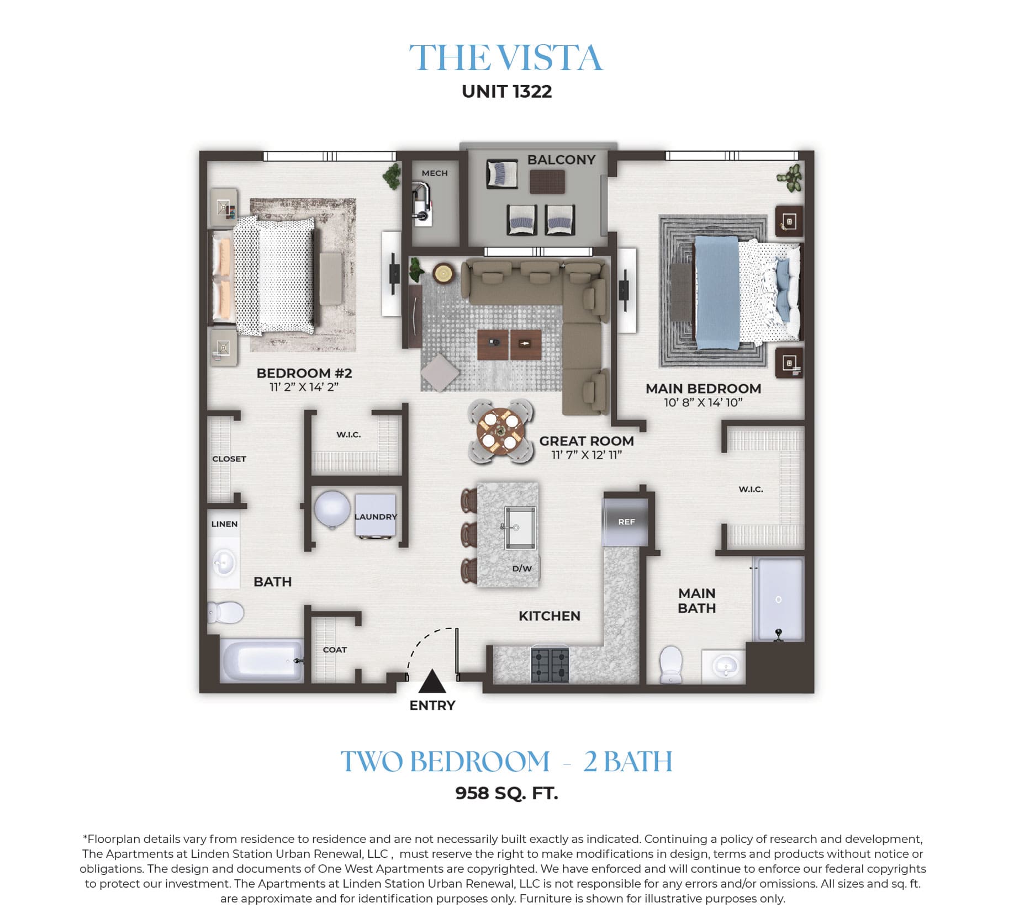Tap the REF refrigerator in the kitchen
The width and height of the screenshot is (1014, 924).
click(x=626, y=522)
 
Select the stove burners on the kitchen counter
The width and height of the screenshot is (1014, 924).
click(x=550, y=665)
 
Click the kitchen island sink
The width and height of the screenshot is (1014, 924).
click(x=519, y=528)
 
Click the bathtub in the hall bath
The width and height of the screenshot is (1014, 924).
click(x=262, y=660)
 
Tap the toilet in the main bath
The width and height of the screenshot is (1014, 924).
click(x=671, y=665)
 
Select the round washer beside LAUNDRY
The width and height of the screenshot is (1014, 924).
click(x=332, y=509)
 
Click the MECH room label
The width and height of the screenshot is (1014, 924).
click(x=435, y=173)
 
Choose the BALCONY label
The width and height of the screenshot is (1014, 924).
click(x=561, y=160)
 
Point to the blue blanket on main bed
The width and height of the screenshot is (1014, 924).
click(x=717, y=293)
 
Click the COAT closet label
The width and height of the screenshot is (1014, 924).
click(x=335, y=650)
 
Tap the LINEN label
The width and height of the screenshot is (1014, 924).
click(x=224, y=524)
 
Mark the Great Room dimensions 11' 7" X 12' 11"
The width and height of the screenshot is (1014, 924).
click(x=587, y=455)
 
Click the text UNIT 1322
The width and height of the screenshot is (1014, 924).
click(x=507, y=92)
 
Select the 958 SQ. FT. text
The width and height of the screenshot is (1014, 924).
click(x=506, y=793)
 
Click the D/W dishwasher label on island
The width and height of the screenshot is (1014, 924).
click(x=521, y=569)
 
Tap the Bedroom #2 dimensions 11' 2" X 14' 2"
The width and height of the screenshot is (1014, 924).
click(x=304, y=387)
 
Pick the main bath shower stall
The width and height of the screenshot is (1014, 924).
click(x=779, y=599)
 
